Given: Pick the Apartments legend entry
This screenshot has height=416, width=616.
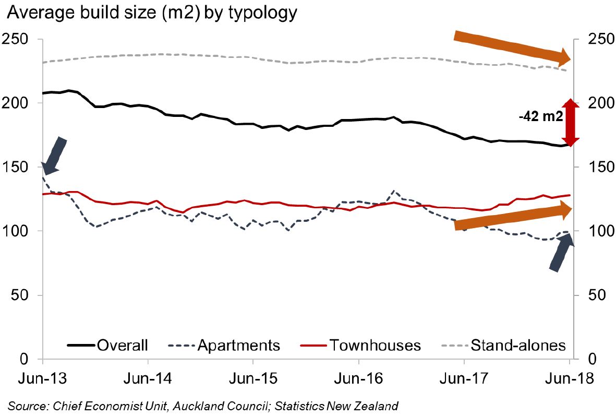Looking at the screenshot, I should [x=224, y=345].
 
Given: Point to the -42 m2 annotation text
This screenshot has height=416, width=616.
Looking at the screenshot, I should [x=540, y=117].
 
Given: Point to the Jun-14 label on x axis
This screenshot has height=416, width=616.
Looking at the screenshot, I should [x=148, y=378].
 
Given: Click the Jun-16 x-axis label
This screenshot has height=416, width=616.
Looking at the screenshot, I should [x=358, y=378].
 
